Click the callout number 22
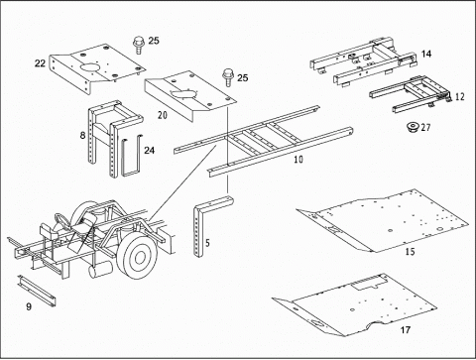click(40, 62)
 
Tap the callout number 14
click(426, 54)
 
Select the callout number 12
click(460, 96)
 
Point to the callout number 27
click(425, 127)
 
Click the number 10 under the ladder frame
click(298, 160)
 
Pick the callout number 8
click(82, 135)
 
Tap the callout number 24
click(149, 151)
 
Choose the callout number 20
click(163, 115)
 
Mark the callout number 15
click(410, 252)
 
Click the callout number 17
click(406, 330)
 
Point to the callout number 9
click(29, 306)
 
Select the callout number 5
click(207, 243)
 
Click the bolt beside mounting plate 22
click(139, 45)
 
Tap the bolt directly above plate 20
click(228, 77)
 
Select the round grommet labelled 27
click(413, 127)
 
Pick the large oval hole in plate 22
click(89, 67)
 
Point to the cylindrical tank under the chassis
click(100, 270)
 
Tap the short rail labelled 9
click(37, 290)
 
